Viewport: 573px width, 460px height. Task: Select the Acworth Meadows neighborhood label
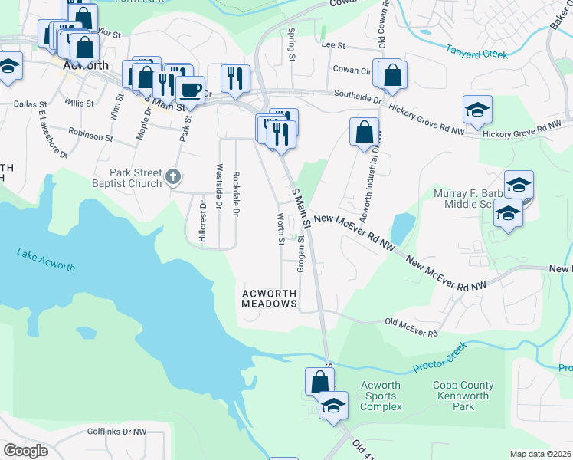[x=269, y=298]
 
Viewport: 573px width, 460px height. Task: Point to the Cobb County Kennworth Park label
[x=463, y=396]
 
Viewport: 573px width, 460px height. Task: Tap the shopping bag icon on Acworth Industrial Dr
[x=365, y=131]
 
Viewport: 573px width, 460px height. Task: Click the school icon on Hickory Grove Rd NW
[x=477, y=110]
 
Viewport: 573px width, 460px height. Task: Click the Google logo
[x=25, y=451]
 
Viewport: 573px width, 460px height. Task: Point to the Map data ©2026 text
[x=541, y=454]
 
